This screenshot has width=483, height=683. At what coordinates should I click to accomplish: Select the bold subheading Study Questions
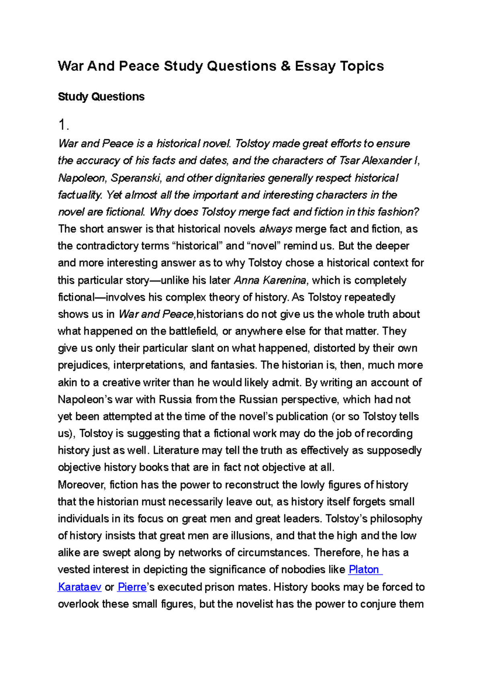pos(101,97)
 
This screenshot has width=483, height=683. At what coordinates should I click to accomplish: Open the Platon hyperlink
pos(364,570)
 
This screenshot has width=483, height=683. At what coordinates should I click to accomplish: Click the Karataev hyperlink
pos(80,587)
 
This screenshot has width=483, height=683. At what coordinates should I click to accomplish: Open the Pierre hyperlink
pos(132,587)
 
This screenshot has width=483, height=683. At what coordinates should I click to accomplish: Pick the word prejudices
pos(83,365)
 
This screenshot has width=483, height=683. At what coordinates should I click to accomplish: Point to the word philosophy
pos(396,519)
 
